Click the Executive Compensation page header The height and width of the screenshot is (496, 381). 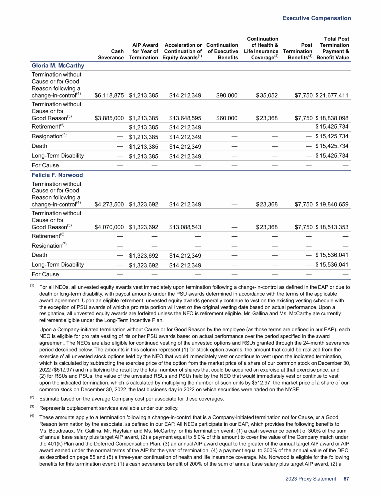pos(317,18)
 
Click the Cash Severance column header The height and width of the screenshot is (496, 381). pos(111,54)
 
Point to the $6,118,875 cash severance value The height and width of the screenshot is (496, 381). pos(109,96)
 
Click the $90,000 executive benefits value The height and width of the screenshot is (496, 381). pos(226,96)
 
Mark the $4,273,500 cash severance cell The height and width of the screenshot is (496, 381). pos(109,205)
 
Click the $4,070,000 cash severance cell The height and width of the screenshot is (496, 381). pos(109,228)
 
